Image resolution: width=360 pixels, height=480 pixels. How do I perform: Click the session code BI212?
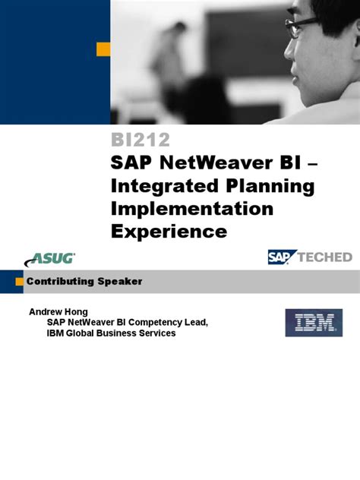(x=141, y=141)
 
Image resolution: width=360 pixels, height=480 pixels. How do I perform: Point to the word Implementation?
(x=192, y=208)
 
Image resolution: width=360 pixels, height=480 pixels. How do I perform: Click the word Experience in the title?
(x=169, y=230)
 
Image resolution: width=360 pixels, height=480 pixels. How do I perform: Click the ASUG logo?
(x=53, y=257)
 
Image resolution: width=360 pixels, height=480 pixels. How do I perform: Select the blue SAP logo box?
(x=278, y=257)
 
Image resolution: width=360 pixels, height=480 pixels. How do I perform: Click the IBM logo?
(x=314, y=322)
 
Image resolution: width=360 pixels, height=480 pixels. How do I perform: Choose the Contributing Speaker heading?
(x=84, y=282)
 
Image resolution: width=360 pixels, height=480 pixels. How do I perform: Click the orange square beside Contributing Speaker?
(x=19, y=282)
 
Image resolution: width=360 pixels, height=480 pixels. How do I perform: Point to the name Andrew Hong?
(x=59, y=311)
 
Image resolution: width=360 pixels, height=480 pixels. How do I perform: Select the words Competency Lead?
(x=175, y=322)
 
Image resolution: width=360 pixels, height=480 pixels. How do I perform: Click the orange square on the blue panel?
(x=103, y=49)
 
